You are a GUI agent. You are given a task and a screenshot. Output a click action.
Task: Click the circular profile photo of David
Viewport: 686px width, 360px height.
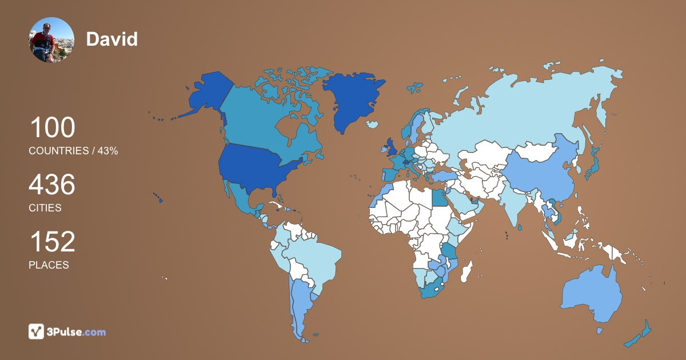point(51,39)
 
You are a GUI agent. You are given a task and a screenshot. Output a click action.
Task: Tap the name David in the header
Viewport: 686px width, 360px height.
point(111,39)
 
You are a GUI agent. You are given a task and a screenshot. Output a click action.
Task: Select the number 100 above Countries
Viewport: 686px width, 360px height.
point(52,127)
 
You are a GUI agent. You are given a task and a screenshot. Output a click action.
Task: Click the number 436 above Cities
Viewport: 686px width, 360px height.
point(52,185)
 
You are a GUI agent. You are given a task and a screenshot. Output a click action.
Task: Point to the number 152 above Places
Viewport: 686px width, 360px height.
point(52,242)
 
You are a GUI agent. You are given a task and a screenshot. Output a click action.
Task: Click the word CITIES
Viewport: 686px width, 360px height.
point(45,208)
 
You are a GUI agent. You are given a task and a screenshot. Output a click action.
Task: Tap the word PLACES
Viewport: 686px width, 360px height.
point(49,265)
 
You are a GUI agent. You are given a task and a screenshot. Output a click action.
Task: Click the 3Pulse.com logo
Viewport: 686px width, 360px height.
point(67,331)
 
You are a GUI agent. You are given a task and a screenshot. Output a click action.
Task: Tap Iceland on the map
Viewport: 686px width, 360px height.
point(373,124)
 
